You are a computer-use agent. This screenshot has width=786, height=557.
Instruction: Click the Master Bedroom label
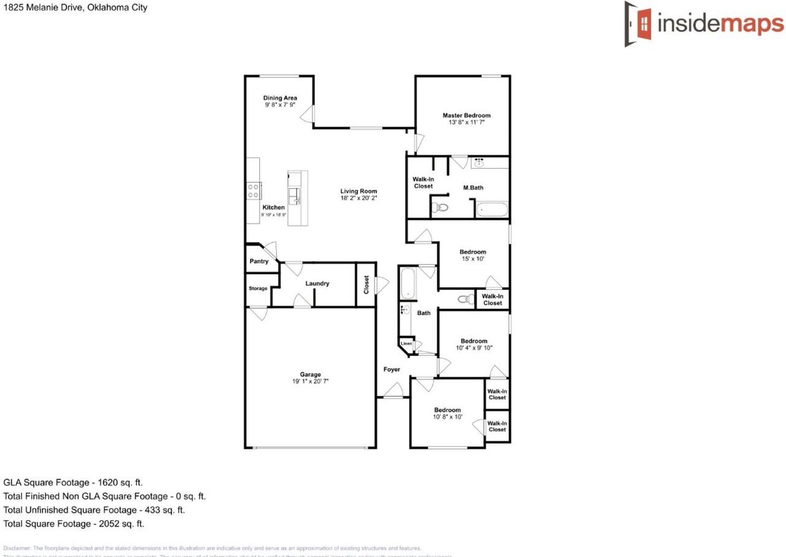coord(467,115)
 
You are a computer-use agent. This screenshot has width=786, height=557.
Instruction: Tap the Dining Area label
coord(280,98)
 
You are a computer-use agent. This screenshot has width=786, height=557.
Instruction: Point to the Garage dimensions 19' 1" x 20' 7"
coord(310,382)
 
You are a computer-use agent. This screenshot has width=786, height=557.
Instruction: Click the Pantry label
coord(259,262)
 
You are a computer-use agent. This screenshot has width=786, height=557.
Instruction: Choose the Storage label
coord(258,289)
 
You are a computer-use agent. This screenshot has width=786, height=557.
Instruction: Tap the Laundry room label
coord(317,284)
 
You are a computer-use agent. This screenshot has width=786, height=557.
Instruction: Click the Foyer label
coord(392,370)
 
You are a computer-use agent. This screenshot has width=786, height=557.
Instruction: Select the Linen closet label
coord(407,343)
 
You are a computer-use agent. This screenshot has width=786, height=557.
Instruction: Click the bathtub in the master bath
coord(492,210)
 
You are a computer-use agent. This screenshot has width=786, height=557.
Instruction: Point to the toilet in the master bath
coord(440,208)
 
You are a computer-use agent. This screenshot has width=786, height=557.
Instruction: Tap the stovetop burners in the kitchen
coord(253,191)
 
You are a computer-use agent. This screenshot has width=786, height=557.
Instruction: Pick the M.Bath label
coord(473,187)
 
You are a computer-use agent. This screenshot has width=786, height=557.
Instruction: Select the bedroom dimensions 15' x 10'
coord(473,259)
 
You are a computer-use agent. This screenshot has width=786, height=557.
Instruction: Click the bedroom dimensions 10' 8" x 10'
coord(447,417)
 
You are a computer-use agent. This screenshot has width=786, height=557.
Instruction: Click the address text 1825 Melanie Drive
coord(44,8)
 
